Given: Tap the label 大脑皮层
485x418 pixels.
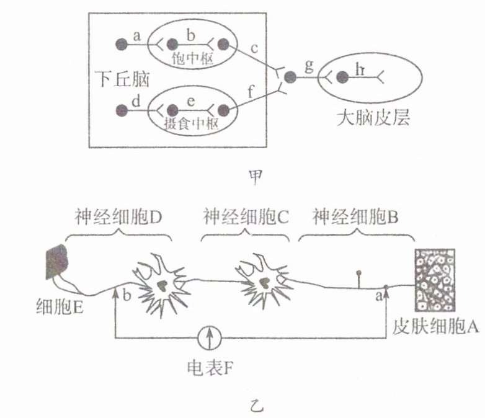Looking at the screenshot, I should (x=373, y=118).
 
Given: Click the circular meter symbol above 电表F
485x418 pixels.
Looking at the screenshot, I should (x=208, y=339).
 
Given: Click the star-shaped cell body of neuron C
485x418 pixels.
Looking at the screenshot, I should (x=261, y=280).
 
